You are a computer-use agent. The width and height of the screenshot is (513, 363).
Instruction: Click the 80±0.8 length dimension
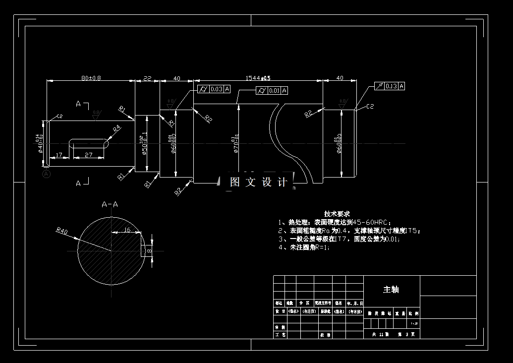click(91, 78)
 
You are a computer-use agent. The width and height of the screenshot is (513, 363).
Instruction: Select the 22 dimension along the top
click(147, 78)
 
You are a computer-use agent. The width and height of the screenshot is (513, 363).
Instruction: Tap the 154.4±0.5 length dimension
click(258, 78)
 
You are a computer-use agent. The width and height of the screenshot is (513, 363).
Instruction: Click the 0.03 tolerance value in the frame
click(217, 89)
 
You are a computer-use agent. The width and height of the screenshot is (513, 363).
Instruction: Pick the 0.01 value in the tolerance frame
click(274, 91)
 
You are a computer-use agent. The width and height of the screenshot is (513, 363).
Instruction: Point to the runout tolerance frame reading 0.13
click(391, 86)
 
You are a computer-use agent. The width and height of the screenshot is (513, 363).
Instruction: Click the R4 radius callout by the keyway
click(116, 128)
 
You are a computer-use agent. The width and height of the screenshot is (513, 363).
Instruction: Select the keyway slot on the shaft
click(89, 143)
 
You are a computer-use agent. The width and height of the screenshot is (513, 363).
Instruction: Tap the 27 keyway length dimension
click(89, 155)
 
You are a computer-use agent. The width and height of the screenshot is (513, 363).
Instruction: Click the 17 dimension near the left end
click(59, 155)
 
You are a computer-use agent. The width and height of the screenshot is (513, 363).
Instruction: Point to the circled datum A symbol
click(47, 174)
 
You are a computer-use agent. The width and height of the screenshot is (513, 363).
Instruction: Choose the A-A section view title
click(110, 204)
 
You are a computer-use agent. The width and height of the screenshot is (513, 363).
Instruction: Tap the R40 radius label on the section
click(61, 231)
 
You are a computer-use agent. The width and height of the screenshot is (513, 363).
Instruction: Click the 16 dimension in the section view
click(126, 230)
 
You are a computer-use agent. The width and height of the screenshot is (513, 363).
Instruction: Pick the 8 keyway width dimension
click(150, 251)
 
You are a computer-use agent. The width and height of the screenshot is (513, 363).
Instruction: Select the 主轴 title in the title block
click(391, 290)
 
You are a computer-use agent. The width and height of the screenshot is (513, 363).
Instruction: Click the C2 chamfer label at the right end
click(370, 107)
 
